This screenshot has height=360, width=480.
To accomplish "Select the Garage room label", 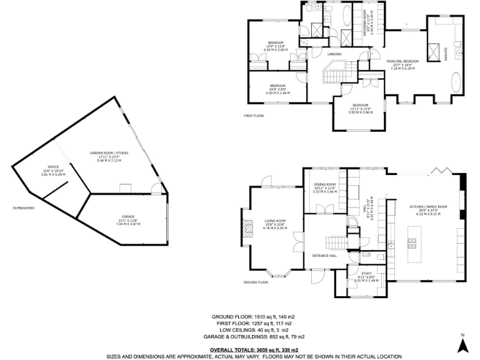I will click(128, 216).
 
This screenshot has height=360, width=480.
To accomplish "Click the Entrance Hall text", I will click(324, 256).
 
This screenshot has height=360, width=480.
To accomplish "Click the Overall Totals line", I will click(254, 350).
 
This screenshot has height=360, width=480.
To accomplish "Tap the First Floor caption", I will click(254, 116).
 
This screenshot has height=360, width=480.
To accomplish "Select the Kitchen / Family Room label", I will click(429, 206).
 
